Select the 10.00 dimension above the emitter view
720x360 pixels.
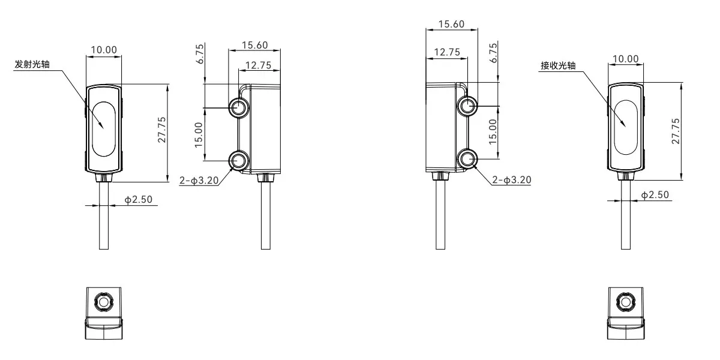pyautogui.click(x=103, y=50)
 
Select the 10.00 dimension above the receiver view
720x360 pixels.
pyautogui.click(x=625, y=58)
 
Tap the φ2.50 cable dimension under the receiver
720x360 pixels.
pyautogui.click(x=655, y=196)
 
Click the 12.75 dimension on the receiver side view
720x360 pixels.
pyautogui.click(x=446, y=53)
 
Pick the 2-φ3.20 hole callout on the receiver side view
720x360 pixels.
pyautogui.click(x=511, y=179)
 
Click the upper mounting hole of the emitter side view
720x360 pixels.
pyautogui.click(x=239, y=108)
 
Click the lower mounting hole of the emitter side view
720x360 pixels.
pyautogui.click(x=239, y=160)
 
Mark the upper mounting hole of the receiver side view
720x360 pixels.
pyautogui.click(x=467, y=106)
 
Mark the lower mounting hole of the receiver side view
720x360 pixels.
pyautogui.click(x=467, y=159)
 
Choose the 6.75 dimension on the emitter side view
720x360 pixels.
pyautogui.click(x=201, y=54)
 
